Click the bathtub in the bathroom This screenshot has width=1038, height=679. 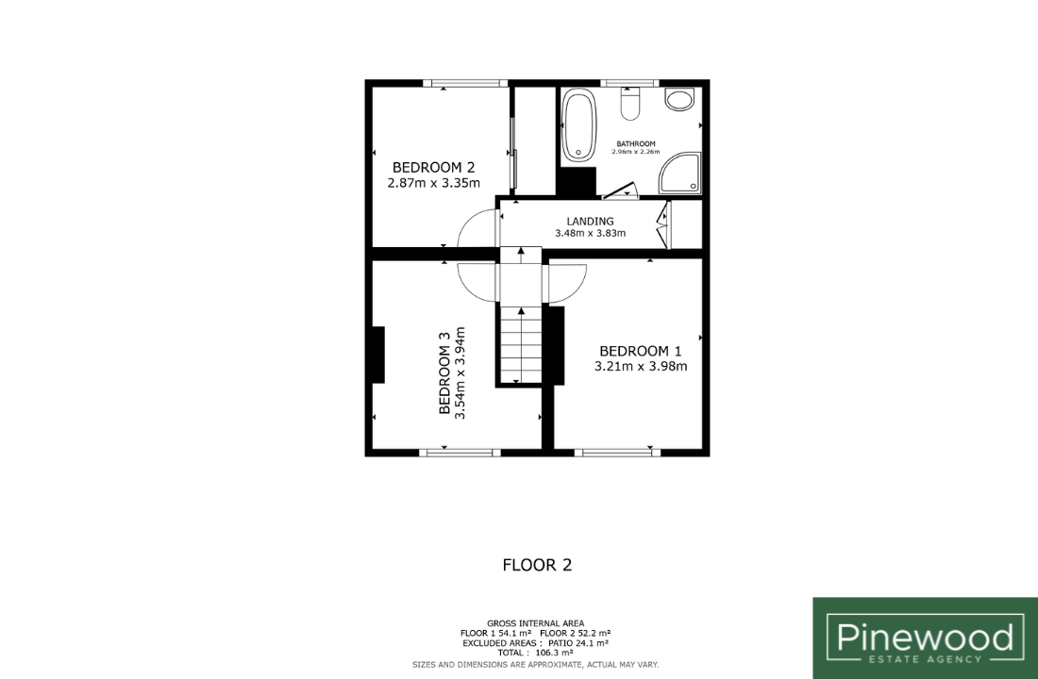click(x=579, y=125)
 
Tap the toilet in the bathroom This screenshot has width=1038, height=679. click(x=630, y=105)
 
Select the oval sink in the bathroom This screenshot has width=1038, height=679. click(x=679, y=99)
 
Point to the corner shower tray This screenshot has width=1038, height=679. click(x=679, y=174)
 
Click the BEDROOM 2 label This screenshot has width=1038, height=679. click(x=434, y=168)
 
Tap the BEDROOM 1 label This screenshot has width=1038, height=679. click(x=640, y=352)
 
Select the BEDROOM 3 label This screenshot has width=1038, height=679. click(x=444, y=373)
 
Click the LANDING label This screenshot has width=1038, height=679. click(x=590, y=221)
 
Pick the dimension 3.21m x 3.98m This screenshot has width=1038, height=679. click(x=641, y=367)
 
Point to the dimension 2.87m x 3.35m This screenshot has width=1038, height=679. click(x=434, y=183)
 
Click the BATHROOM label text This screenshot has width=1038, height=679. click(x=636, y=143)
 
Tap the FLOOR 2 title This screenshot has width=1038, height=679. click(x=537, y=565)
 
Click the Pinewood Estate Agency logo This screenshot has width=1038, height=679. click(x=926, y=638)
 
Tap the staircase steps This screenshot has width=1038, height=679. click(x=521, y=345)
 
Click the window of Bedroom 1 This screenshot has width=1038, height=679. click(x=617, y=453)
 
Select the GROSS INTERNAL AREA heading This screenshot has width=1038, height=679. click(x=536, y=623)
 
